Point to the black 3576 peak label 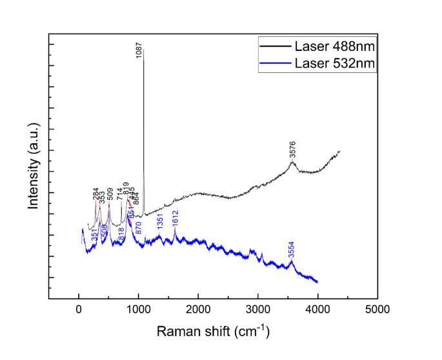click(x=293, y=152)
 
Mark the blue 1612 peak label click(x=175, y=217)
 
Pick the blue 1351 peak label click(x=160, y=221)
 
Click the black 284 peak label click(x=96, y=194)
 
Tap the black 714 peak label click(x=120, y=195)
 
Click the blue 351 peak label click(x=95, y=235)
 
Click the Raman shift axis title click(x=212, y=332)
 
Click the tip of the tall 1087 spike click(x=143, y=49)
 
